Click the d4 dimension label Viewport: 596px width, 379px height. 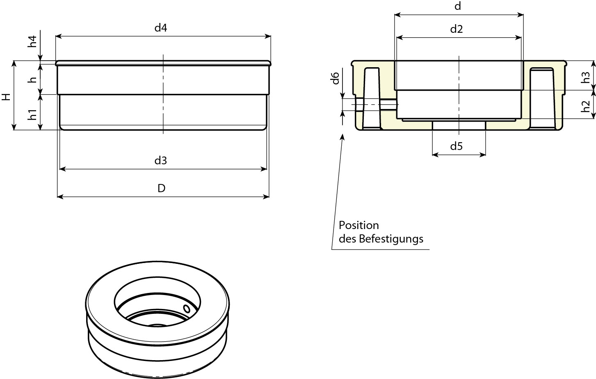click(x=161, y=28)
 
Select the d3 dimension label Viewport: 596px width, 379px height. click(x=161, y=161)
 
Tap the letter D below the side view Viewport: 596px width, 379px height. click(x=162, y=188)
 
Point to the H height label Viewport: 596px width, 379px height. click(x=6, y=97)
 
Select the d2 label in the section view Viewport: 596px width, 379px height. click(x=457, y=29)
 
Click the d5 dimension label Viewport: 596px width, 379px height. click(x=457, y=146)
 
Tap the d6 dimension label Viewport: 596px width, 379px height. click(x=335, y=78)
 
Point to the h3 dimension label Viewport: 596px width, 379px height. click(x=586, y=76)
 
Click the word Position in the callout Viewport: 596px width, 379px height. click(x=359, y=225)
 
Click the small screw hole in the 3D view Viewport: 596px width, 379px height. click(x=187, y=308)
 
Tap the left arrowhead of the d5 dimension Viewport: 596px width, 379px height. click(x=435, y=154)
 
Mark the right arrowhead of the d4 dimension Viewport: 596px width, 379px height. click(x=269, y=36)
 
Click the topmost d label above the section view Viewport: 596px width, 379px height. click(x=458, y=6)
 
